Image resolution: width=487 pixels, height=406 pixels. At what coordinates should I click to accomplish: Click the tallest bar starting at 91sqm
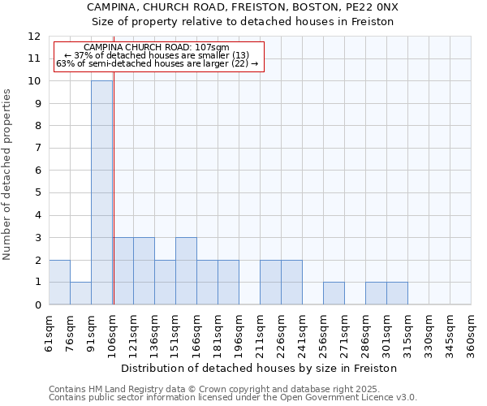pyautogui.click(x=101, y=192)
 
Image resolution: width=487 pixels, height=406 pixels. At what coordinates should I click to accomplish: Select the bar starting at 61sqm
pyautogui.click(x=59, y=282)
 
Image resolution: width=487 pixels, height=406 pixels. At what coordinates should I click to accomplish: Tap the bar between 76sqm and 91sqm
pyautogui.click(x=80, y=293)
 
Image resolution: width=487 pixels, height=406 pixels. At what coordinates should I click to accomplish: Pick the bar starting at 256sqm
pyautogui.click(x=334, y=293)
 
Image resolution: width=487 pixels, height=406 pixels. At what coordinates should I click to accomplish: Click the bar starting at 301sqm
pyautogui.click(x=397, y=293)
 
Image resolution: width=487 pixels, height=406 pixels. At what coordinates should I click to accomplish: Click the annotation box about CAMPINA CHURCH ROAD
pyautogui.click(x=158, y=56)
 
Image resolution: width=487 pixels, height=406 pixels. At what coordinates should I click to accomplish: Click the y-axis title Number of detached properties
pyautogui.click(x=7, y=175)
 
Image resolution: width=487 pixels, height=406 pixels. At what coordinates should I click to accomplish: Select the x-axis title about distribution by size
pyautogui.click(x=260, y=368)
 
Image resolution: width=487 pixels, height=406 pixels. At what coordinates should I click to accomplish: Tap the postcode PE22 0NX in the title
pyautogui.click(x=374, y=7)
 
